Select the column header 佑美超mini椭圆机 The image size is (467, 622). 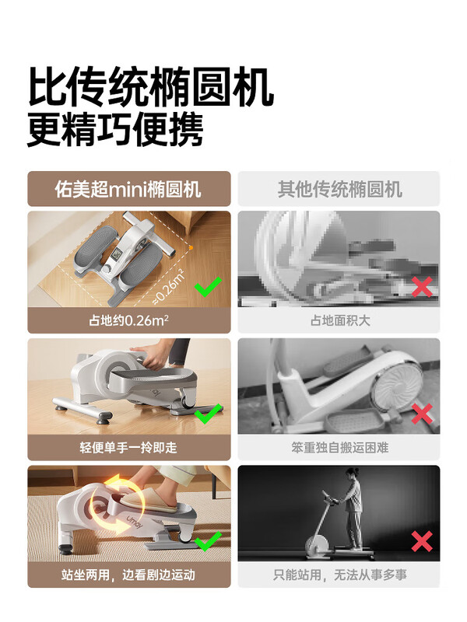[129, 189]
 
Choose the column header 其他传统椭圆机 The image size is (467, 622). [339, 189]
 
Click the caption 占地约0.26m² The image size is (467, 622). [129, 320]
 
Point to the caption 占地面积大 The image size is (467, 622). [339, 320]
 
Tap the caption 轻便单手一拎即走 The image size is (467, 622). [129, 447]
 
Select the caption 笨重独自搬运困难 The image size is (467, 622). [339, 447]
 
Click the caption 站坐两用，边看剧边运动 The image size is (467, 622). [129, 575]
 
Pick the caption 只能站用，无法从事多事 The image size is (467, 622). [339, 575]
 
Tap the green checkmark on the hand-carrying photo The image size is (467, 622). [207, 414]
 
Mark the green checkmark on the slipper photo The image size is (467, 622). [207, 541]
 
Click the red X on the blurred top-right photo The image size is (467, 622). [421, 287]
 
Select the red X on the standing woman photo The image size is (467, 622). [421, 541]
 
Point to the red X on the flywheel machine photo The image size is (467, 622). [421, 414]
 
